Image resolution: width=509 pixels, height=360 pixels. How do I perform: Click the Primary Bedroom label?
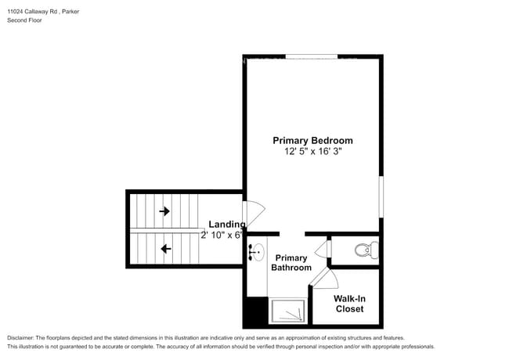click(x=312, y=141)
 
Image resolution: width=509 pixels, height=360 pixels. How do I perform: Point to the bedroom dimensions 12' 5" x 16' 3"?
click(x=312, y=153)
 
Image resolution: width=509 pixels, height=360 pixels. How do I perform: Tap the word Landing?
click(x=226, y=225)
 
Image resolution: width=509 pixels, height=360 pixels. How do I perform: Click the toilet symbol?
click(x=366, y=251)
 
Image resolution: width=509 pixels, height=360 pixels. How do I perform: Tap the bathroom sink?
click(x=256, y=252)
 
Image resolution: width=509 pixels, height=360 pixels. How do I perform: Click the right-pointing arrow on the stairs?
click(x=164, y=211)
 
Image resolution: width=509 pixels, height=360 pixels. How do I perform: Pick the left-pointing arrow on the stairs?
click(x=164, y=249)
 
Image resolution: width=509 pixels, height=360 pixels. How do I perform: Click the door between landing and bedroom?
click(x=254, y=214)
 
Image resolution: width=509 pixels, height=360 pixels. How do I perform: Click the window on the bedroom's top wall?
click(x=311, y=56)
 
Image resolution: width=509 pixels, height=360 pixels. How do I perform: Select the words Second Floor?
click(x=25, y=20)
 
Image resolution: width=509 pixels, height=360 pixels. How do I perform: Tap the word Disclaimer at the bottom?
click(x=21, y=337)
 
